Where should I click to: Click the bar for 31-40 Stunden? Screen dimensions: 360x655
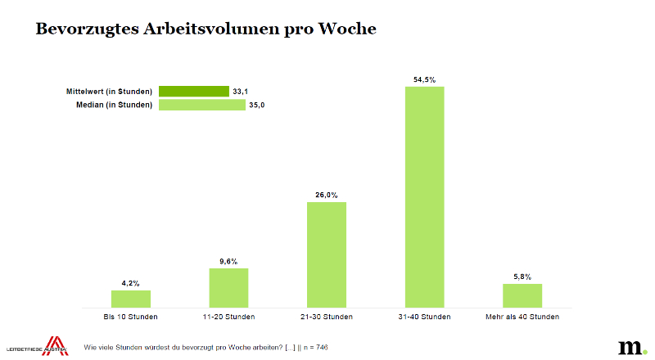[x=424, y=196]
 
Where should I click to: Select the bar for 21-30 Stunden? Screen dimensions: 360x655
[x=326, y=254]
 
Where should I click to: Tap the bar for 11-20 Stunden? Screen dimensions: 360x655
[x=228, y=287]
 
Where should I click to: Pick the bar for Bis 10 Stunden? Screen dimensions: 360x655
[x=131, y=299]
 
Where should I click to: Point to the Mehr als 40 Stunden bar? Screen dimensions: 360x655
[x=522, y=295]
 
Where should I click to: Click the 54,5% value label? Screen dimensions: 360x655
[x=424, y=79]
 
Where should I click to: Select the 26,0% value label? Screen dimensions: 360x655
[x=326, y=195]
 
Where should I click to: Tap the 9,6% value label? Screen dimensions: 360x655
[x=228, y=262]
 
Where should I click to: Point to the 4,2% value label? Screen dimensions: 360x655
[x=131, y=283]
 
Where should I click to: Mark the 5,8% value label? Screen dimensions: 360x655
[x=522, y=277]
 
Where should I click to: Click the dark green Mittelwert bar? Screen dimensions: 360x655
[x=193, y=92]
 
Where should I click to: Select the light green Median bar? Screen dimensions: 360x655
[x=201, y=105]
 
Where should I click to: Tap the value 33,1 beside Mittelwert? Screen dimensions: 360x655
[x=241, y=92]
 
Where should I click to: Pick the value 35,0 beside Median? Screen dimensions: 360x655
[x=256, y=105]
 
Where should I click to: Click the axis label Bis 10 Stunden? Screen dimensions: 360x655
[x=131, y=317]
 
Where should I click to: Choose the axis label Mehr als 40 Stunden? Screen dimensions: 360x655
[x=522, y=317]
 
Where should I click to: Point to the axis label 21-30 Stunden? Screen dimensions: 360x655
[x=326, y=317]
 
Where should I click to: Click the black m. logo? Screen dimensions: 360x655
[x=631, y=345]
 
